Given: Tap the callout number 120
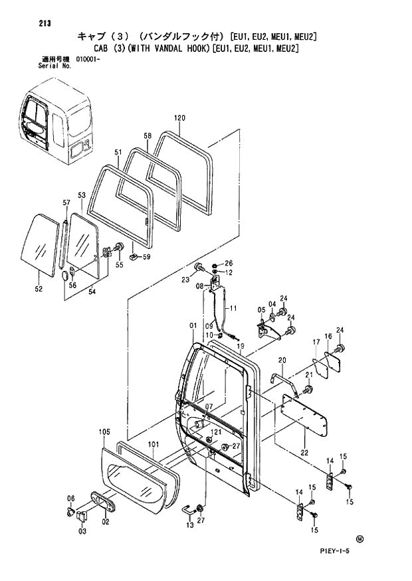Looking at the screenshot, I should point(179,118).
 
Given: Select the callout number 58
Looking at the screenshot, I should point(148,135).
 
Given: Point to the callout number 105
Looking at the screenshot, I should point(104,432).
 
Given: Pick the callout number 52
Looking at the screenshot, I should point(39,290).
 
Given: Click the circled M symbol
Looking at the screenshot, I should point(360,539).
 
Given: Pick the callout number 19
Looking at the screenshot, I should point(241,346).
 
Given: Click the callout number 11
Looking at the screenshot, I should point(233,309).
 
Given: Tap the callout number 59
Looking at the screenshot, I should point(146,258).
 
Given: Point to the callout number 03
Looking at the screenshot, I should point(82,531).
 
